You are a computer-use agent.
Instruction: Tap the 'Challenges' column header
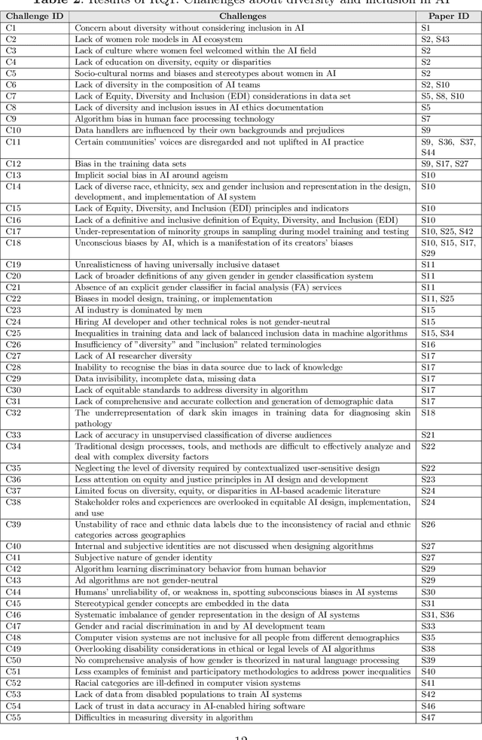click(242, 15)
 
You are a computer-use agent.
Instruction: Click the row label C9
click(11, 119)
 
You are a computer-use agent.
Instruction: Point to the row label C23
click(14, 310)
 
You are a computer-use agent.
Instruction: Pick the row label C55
click(14, 717)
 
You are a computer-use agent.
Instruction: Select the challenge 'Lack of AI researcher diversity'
click(133, 356)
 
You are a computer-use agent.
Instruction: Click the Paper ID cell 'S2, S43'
click(435, 39)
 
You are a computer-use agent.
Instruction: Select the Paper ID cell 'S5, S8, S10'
click(443, 96)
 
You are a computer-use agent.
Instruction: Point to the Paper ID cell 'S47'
click(428, 717)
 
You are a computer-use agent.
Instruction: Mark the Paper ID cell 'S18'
click(428, 413)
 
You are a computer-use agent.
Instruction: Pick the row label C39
click(14, 525)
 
